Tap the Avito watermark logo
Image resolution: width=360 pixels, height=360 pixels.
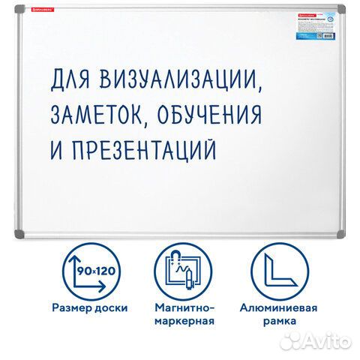(x=319, y=342)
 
